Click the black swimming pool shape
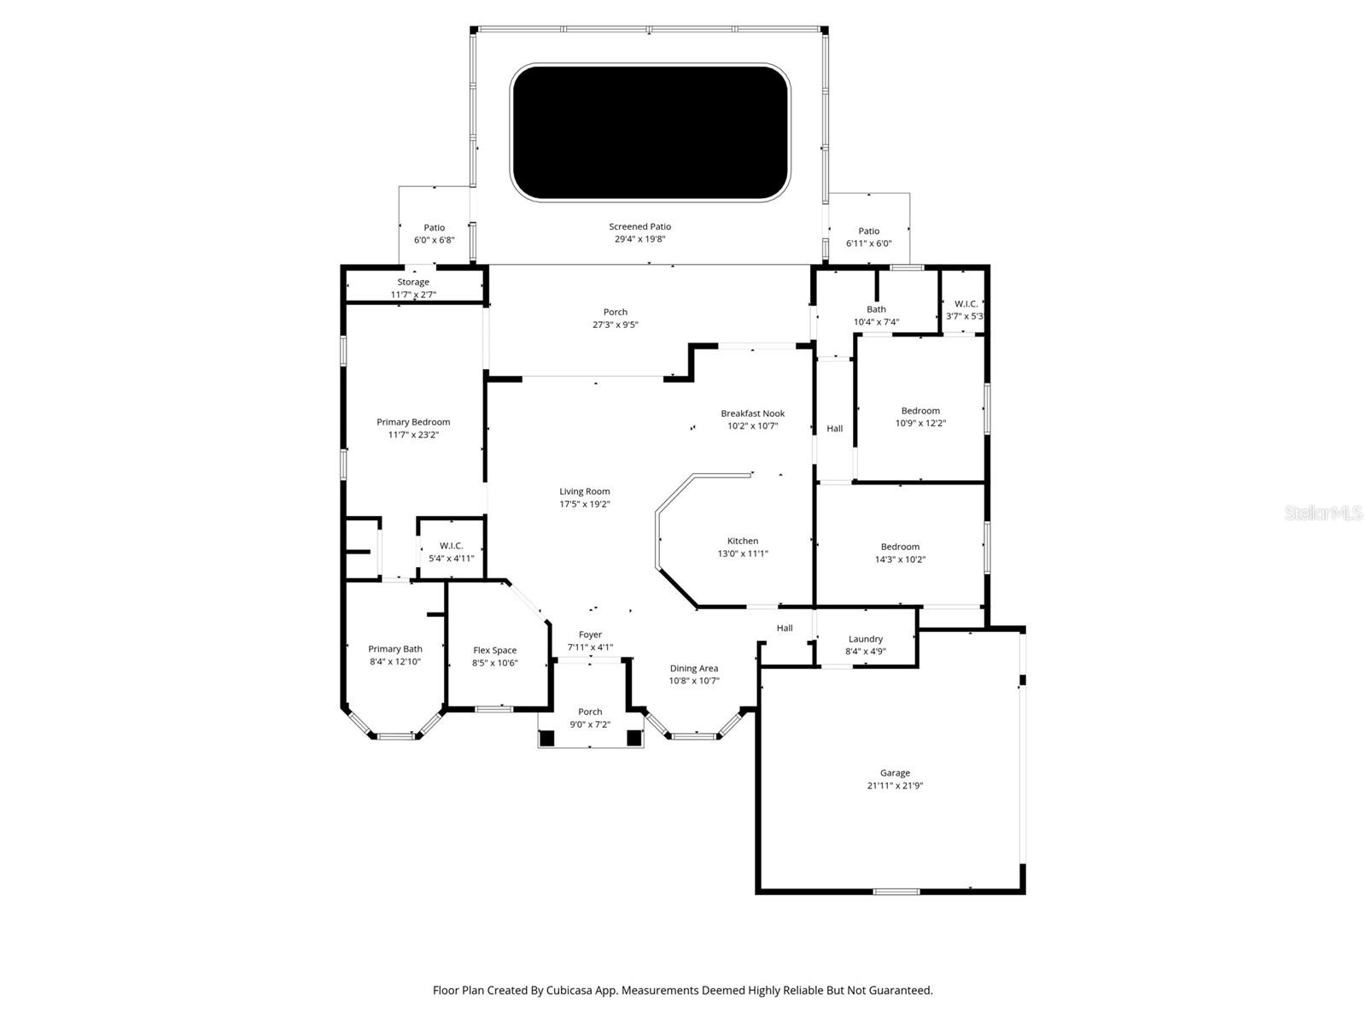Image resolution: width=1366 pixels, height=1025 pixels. (x=650, y=132)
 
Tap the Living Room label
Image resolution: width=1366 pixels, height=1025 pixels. (x=585, y=491)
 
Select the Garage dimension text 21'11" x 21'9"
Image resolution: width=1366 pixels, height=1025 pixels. (x=895, y=786)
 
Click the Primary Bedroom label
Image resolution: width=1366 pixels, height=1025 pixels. (x=413, y=422)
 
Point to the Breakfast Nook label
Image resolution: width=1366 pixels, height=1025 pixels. (x=752, y=413)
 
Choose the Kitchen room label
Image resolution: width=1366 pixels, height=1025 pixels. (x=743, y=541)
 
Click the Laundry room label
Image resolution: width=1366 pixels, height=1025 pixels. (x=866, y=639)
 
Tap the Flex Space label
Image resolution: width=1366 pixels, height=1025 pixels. (x=495, y=650)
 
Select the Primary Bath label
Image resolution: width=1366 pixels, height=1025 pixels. (x=395, y=649)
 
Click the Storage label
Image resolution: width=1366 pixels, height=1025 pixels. (x=413, y=282)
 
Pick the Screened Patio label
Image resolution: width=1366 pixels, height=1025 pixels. (x=640, y=226)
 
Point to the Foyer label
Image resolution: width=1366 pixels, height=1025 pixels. (x=590, y=635)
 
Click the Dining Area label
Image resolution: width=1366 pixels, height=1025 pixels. (x=694, y=668)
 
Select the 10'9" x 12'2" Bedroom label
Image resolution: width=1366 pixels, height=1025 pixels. (x=920, y=411)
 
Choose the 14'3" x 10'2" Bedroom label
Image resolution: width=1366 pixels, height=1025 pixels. (x=900, y=547)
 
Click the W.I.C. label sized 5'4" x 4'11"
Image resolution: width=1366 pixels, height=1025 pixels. (x=452, y=546)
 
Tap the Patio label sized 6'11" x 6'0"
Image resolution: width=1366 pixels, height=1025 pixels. (x=869, y=231)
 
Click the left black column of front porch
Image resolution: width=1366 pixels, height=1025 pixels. (x=546, y=738)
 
